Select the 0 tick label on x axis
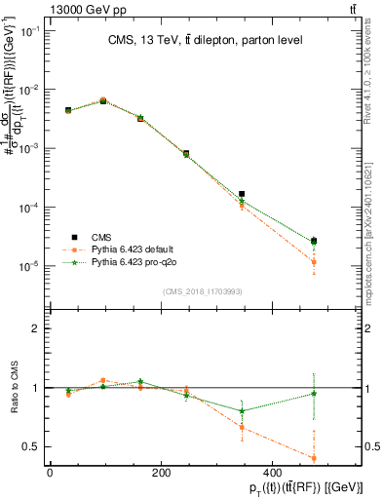coord(50,473)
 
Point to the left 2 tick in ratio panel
coord(37,328)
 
